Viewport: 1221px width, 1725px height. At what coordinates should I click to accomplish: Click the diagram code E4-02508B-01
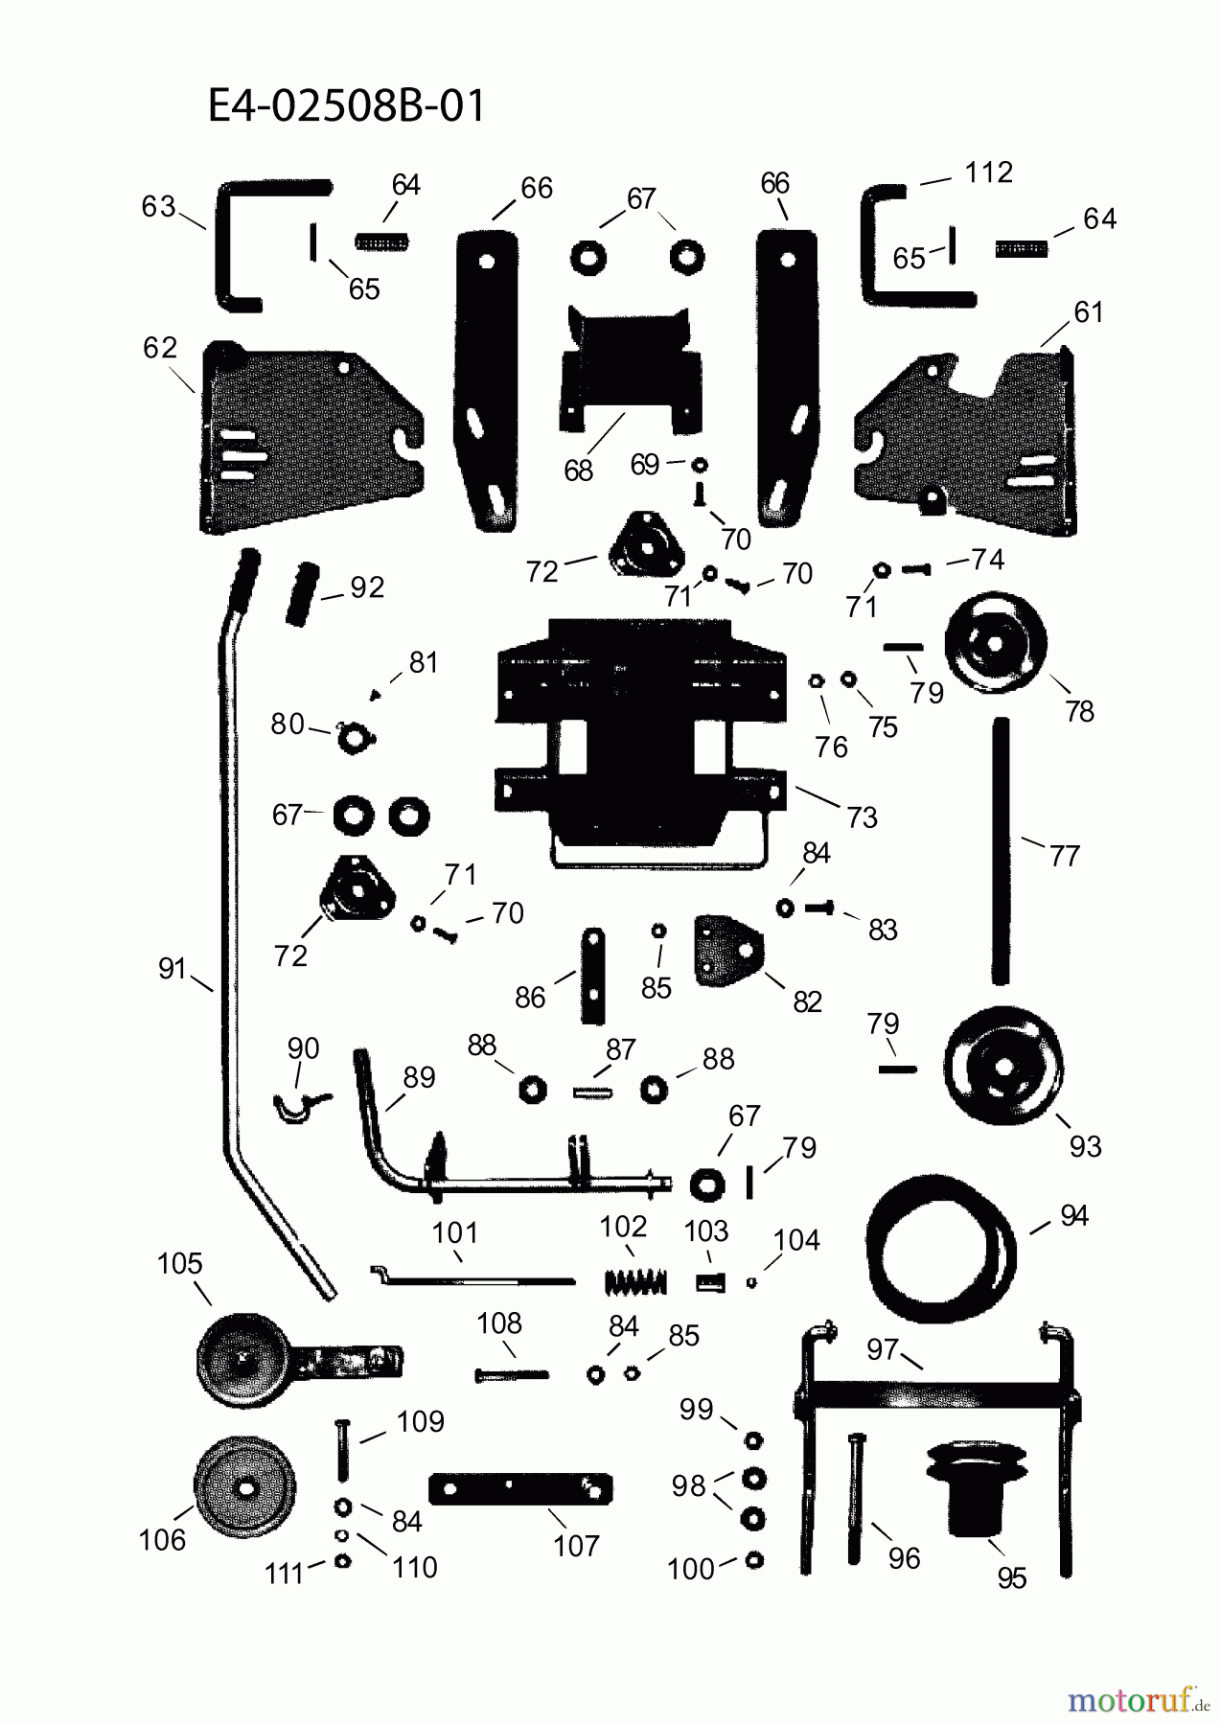click(x=346, y=106)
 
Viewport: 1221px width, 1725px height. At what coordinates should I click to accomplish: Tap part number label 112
click(x=988, y=172)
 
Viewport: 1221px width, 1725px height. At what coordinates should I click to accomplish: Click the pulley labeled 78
click(x=995, y=644)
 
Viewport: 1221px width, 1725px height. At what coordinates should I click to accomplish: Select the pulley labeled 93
click(x=1002, y=1066)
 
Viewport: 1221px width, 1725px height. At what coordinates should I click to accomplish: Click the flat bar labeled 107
click(x=520, y=1488)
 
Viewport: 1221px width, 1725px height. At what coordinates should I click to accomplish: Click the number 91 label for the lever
click(x=172, y=969)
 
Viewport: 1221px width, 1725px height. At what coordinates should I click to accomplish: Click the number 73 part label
click(x=862, y=817)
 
